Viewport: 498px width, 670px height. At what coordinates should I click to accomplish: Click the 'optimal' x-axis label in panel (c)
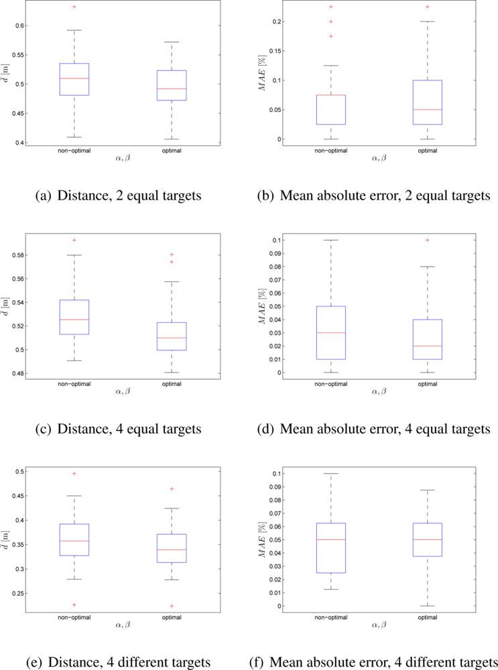coord(172,384)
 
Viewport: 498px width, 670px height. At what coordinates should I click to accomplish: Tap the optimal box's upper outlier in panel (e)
coord(172,489)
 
